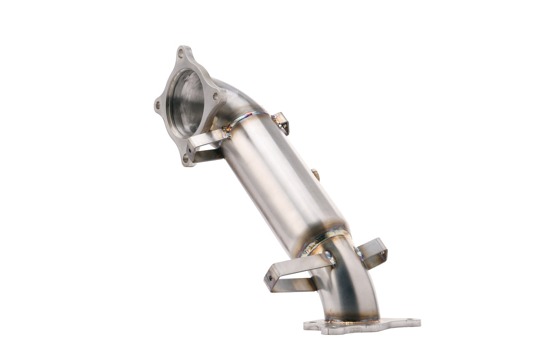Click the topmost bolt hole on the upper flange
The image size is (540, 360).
[x=181, y=54]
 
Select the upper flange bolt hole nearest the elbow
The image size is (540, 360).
[x=215, y=97]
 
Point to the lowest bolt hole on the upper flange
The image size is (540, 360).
[x=186, y=158]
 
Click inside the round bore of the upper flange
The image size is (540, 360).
[x=186, y=103]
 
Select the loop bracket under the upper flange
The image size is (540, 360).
[x=205, y=146]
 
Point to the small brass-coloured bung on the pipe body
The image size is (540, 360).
[x=316, y=174]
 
